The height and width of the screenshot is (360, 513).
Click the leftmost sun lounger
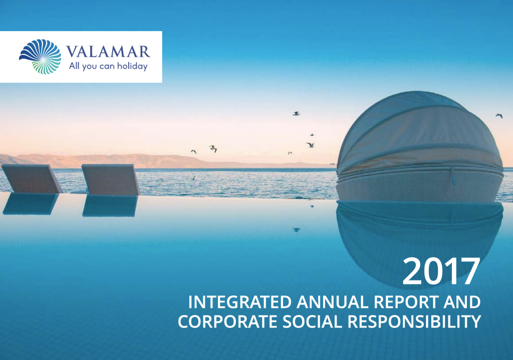pos(31,179)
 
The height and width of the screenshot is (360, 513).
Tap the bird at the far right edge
pos(498,116)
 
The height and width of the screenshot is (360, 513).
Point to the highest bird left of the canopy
pos(296,113)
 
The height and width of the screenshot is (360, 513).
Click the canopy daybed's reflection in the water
pos(419,235)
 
